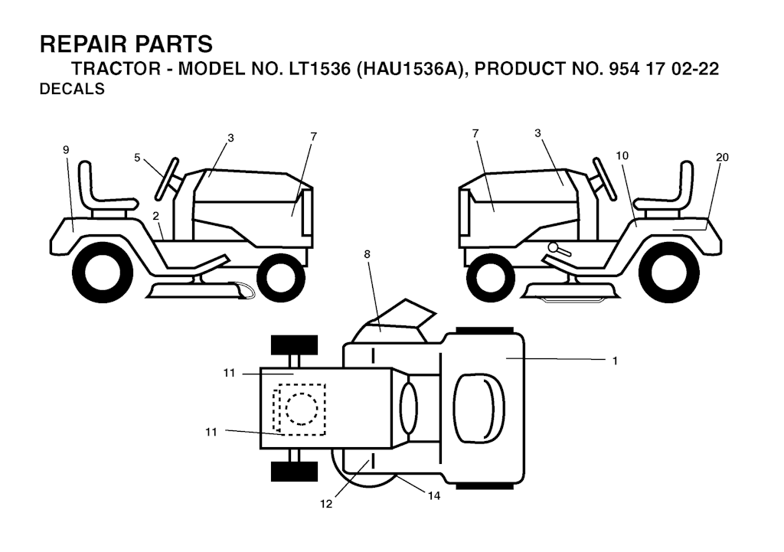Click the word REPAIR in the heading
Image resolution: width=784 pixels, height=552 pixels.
click(83, 44)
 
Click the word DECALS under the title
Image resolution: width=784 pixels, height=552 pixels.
click(72, 89)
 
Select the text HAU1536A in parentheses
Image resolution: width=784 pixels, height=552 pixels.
click(410, 68)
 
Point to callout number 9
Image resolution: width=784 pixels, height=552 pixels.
click(66, 149)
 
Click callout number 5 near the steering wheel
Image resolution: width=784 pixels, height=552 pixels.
click(137, 158)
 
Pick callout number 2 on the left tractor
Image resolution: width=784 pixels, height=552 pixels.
click(156, 216)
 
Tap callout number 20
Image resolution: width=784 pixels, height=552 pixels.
click(722, 157)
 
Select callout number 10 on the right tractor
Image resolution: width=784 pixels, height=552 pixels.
click(622, 155)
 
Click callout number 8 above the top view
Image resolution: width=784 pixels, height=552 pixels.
click(367, 254)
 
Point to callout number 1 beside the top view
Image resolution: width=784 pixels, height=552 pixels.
click(615, 361)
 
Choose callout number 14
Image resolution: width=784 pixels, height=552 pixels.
click(434, 495)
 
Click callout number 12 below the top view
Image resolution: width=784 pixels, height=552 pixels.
click(326, 504)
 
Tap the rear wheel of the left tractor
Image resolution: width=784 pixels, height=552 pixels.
click(103, 273)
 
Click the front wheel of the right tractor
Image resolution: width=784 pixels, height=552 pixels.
click(490, 276)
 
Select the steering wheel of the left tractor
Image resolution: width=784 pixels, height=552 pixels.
click(167, 178)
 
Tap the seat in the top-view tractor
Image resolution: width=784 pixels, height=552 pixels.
click(480, 407)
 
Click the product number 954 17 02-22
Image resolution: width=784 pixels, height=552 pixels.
click(664, 68)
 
